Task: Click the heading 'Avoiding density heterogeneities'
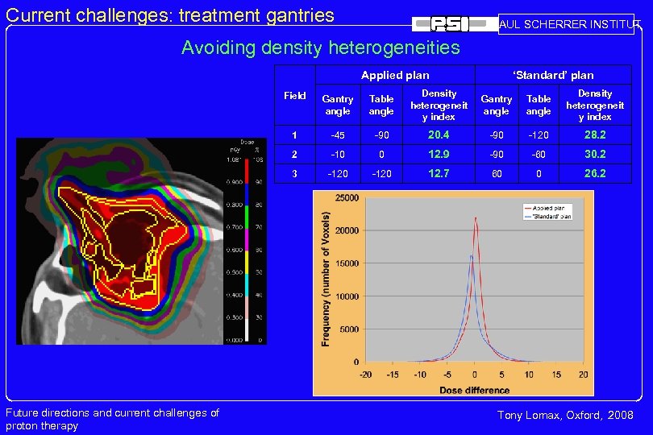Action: point(320,48)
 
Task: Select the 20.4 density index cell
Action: point(439,135)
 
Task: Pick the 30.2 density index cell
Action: point(595,154)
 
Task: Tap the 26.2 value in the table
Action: point(595,173)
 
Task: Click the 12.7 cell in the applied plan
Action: point(439,173)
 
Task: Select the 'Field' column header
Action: point(295,96)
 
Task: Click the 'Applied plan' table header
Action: point(395,75)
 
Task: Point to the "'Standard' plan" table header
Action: point(553,75)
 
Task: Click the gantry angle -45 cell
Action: point(338,135)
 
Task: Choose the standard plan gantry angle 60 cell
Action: point(496,173)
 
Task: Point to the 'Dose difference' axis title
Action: point(474,390)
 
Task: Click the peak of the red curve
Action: point(476,217)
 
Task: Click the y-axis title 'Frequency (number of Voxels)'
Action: point(326,280)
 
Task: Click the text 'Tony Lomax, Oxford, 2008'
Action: point(565,415)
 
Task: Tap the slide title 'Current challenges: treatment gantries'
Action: point(170,14)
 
